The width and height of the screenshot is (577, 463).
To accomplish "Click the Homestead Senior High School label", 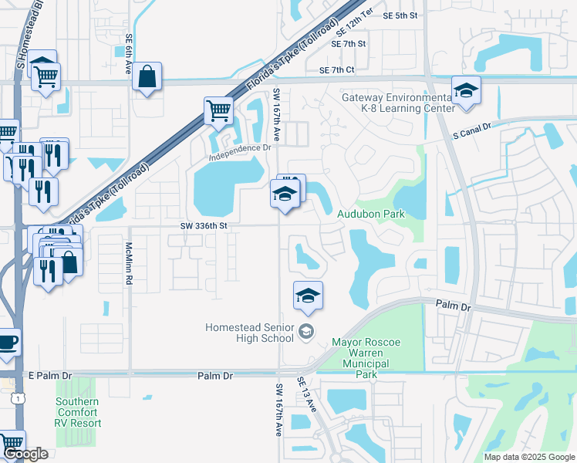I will [x=249, y=333].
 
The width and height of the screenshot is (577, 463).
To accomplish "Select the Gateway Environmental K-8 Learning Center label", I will [x=399, y=103].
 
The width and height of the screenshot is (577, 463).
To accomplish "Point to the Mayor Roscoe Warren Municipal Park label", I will [x=368, y=358].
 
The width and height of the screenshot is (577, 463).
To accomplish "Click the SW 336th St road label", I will [x=204, y=226].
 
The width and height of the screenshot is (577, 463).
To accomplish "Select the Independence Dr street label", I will [x=241, y=150].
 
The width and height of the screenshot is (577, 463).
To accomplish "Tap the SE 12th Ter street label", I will [x=356, y=29].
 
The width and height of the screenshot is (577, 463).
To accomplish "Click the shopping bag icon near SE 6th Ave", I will [x=147, y=77].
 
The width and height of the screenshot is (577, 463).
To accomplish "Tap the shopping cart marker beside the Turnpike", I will [x=219, y=111].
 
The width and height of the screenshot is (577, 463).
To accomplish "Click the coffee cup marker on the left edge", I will [x=7, y=342].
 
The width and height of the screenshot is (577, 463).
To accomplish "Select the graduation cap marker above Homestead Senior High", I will [x=308, y=296].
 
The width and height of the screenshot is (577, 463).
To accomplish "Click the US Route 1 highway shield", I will [x=16, y=397].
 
